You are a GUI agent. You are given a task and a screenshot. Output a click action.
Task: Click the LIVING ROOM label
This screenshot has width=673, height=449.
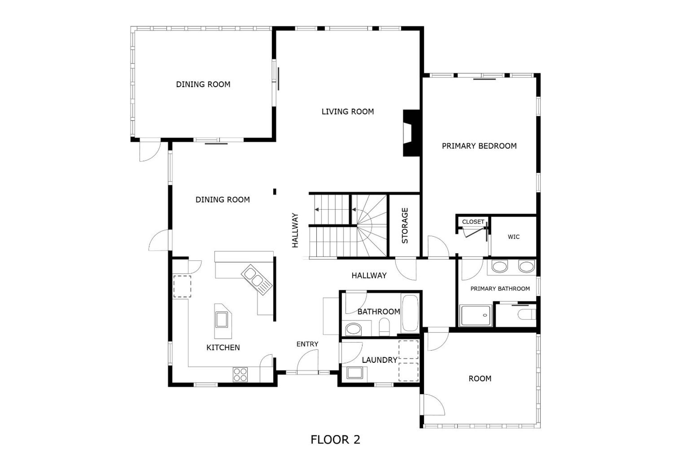pos(348,112)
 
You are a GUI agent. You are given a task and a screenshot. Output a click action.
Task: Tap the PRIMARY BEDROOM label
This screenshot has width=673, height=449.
pos(479,146)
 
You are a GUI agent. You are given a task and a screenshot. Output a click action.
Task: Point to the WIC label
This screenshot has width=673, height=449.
pos(514,237)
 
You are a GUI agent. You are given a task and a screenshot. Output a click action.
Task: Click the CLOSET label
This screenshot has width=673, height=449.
pos(473,222)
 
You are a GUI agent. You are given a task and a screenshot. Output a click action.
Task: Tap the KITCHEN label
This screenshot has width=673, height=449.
pos(223,348)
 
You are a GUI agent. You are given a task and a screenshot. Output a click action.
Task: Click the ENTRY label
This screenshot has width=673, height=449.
pos(307,344)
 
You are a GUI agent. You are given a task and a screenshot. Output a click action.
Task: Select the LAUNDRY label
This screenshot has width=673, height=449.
pos(380,360)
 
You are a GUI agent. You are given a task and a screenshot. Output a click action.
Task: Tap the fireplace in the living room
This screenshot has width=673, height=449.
pos(412,133)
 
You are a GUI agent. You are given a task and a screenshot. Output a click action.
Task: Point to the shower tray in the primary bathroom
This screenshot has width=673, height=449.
pos(476,315)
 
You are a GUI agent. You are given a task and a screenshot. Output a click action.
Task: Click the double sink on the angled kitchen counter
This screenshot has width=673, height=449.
pos(257,279)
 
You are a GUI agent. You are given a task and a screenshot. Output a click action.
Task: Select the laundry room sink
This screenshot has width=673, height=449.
pos(355,373)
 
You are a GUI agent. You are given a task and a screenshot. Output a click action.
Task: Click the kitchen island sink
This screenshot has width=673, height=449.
pos(222,320)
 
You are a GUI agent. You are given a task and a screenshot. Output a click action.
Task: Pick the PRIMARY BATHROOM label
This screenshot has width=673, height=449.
pos(500,289)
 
